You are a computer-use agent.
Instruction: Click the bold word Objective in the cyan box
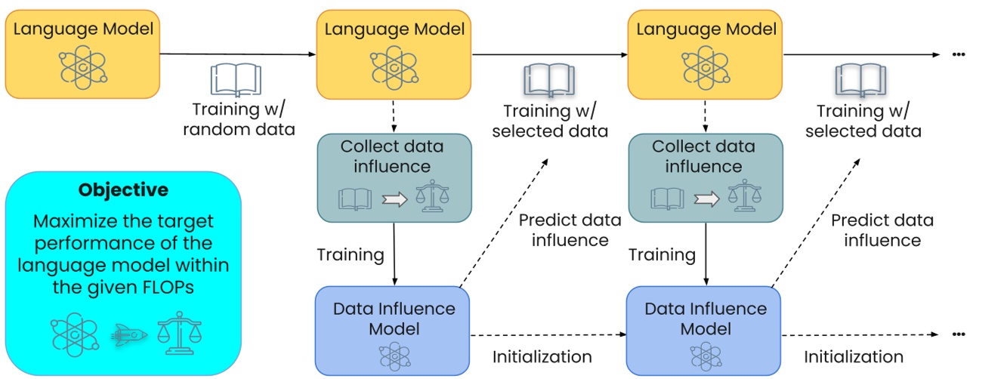point(123,189)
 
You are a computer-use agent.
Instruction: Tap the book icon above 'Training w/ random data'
point(235,80)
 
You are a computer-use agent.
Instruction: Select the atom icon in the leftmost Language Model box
point(83,66)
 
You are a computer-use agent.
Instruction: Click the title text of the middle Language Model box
point(394,29)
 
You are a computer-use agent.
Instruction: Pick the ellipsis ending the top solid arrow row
point(959,54)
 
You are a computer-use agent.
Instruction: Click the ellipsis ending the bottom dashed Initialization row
point(959,334)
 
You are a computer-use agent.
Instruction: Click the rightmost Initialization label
point(853,357)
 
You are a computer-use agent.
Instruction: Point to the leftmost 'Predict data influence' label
point(570,230)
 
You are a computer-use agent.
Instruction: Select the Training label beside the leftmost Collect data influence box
point(350,254)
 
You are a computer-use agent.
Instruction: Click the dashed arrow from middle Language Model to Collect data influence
point(394,116)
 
